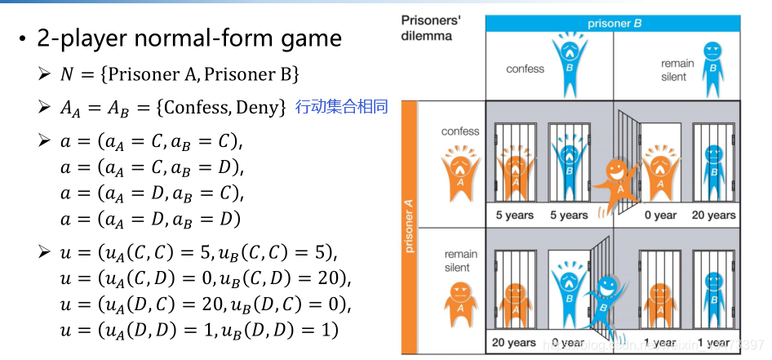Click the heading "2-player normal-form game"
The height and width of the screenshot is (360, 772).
click(x=189, y=38)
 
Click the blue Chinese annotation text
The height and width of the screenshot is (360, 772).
click(x=341, y=107)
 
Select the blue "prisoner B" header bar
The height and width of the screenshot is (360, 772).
click(x=614, y=24)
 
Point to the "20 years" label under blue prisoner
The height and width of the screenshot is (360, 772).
click(x=714, y=216)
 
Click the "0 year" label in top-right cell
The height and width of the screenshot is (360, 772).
click(x=660, y=216)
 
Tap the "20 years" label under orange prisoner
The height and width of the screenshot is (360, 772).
click(x=513, y=343)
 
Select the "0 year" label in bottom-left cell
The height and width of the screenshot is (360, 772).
click(x=569, y=343)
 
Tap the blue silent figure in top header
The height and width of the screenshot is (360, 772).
click(x=713, y=61)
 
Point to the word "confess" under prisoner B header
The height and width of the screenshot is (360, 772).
click(x=525, y=69)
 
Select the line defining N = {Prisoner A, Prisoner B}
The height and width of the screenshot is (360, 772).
click(x=180, y=74)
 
